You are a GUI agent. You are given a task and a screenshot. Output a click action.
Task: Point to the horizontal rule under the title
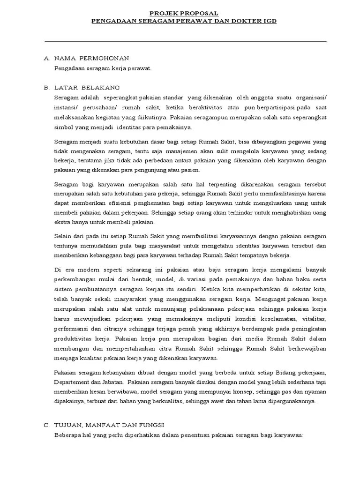point(185,41)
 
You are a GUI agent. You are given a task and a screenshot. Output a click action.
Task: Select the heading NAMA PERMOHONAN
point(91,58)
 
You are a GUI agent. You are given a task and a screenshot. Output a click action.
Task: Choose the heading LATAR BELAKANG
point(87,88)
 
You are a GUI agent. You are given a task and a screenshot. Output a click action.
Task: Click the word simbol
point(64,127)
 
